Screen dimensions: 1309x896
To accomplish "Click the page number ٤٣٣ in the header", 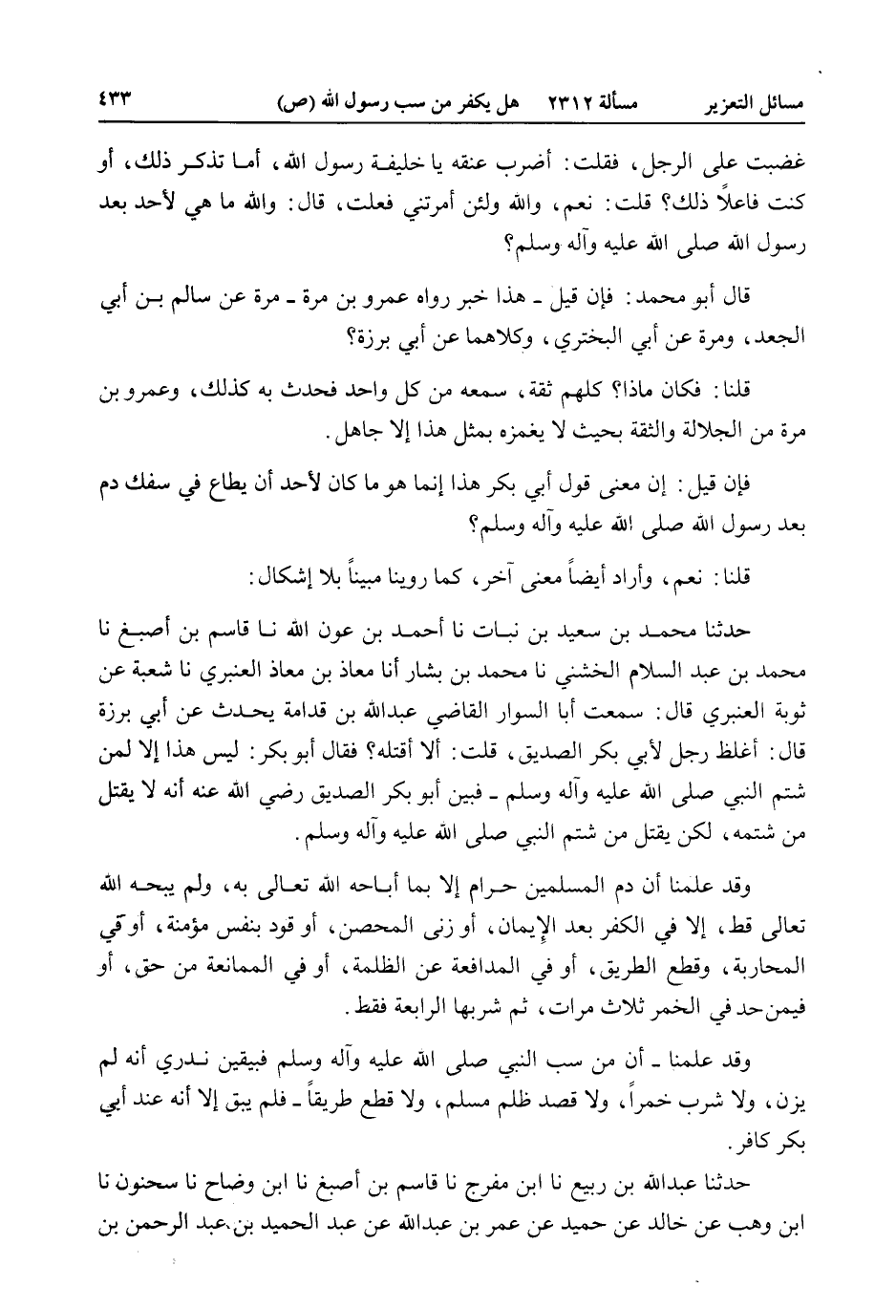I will pos(113,98).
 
